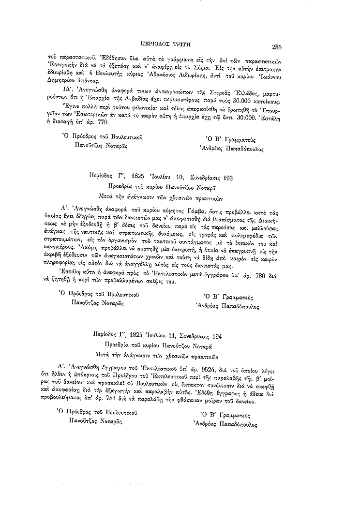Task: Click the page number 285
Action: tap(277, 47)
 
